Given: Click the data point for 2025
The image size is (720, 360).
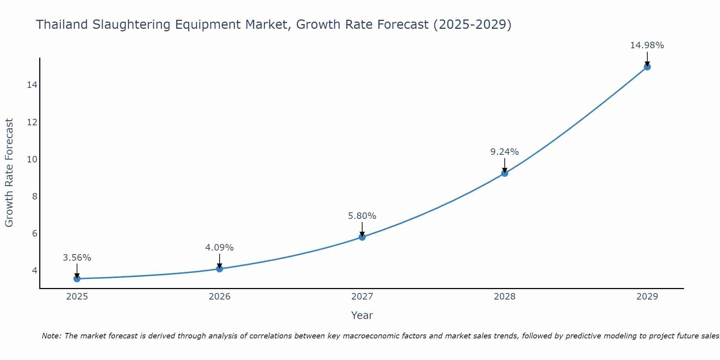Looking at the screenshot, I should point(77,279).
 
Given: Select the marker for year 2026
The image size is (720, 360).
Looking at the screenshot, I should point(220,269).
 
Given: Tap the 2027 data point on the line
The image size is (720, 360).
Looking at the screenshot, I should point(362,237).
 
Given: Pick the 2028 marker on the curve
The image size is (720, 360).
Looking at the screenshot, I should point(505,173).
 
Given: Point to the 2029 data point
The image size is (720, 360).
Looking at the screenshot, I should point(647,67).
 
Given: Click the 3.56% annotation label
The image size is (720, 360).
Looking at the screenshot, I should point(77,258).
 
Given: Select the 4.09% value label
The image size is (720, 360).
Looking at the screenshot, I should point(220,248).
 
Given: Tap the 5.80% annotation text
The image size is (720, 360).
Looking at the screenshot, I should point(362,216).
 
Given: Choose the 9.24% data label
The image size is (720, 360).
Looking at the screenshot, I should point(505,152).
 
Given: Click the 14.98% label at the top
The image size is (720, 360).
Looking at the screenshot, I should point(647,45).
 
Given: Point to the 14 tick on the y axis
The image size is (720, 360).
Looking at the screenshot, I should point(32,85).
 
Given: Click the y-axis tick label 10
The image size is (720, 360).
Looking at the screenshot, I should point(32,159).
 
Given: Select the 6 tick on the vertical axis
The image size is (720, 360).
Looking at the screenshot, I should point(35,233).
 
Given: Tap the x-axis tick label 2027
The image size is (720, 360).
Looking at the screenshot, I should point(362,297).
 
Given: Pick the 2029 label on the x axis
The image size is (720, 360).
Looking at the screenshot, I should point(647,297).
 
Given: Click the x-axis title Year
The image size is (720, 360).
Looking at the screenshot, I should point(362,315).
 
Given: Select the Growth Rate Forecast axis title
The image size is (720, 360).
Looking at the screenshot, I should point(9,173).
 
